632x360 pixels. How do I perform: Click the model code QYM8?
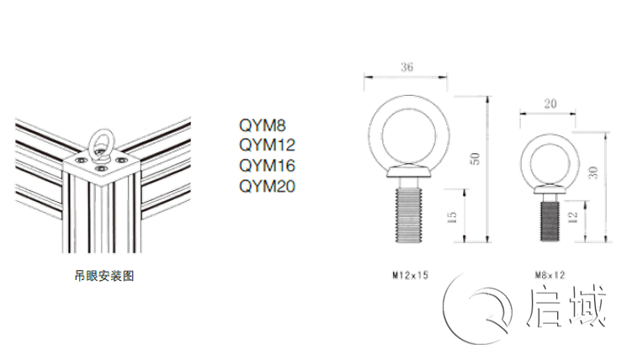tap(263, 125)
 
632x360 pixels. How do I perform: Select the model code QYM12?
tap(268, 145)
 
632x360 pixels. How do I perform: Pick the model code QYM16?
tap(268, 166)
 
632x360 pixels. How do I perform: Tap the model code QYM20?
tap(268, 186)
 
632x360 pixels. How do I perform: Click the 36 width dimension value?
tap(406, 66)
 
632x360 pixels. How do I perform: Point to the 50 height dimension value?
tap(475, 159)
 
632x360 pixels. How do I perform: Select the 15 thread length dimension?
tap(452, 218)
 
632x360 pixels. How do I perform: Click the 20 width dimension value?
tap(550, 104)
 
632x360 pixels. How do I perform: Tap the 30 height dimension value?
tap(593, 172)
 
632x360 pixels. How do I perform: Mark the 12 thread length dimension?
tap(572, 218)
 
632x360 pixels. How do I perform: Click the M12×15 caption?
tap(411, 275)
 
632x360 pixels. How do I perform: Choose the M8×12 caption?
tap(550, 275)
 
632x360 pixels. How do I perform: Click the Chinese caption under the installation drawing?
tap(104, 276)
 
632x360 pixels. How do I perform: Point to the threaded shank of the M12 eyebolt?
tap(408, 215)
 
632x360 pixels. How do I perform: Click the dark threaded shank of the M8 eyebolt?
tap(550, 221)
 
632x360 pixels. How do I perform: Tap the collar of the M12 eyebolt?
tap(408, 171)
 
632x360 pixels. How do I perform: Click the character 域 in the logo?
tap(588, 305)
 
